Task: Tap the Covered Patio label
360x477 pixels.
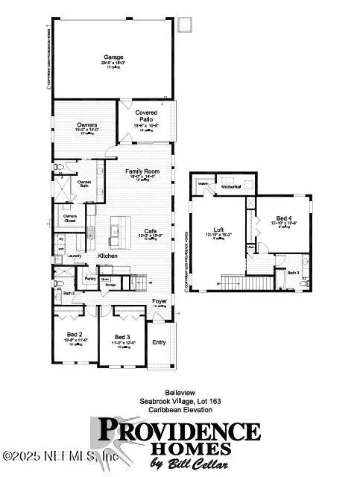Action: pos(145,116)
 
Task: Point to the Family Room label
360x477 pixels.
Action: pos(142,171)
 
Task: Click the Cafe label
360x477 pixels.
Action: pos(151,230)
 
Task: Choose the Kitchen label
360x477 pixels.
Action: pos(109,256)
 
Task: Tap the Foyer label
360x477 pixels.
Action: pos(159,300)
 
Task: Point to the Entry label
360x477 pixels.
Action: pos(159,342)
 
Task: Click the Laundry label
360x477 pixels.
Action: pos(74,256)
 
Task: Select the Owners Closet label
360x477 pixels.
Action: pos(71,218)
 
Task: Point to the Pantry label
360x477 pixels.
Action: pos(91,278)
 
